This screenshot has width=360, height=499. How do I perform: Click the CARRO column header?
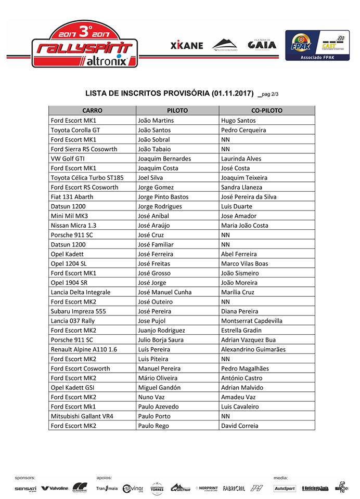pyautogui.click(x=92, y=111)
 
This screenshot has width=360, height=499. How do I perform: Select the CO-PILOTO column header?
pyautogui.click(x=266, y=111)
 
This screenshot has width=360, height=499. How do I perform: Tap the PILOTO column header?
pyautogui.click(x=177, y=111)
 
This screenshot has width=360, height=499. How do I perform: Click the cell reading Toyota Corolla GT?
pyautogui.click(x=75, y=130)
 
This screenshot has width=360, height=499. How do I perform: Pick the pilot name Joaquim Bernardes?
pyautogui.click(x=164, y=159)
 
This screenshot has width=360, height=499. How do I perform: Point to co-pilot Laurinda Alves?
pyautogui.click(x=241, y=159)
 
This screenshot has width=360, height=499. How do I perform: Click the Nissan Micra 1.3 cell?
pyautogui.click(x=73, y=226)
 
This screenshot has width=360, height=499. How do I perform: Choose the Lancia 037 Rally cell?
pyautogui.click(x=73, y=321)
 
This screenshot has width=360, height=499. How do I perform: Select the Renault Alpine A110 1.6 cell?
pyautogui.click(x=84, y=349)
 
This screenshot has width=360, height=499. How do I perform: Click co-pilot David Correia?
pyautogui.click(x=239, y=426)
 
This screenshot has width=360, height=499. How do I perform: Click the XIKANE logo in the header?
pyautogui.click(x=186, y=45)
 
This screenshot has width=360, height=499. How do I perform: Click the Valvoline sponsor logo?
pyautogui.click(x=55, y=488)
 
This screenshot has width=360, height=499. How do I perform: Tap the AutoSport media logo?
pyautogui.click(x=285, y=488)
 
